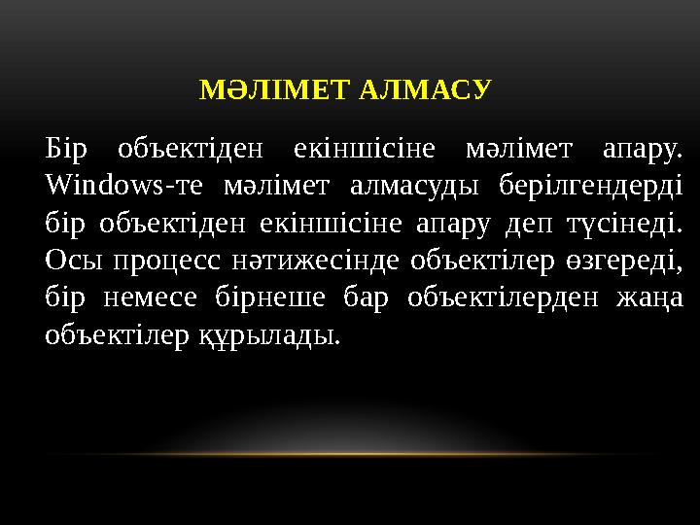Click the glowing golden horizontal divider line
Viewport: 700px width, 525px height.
pos(350,454)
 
